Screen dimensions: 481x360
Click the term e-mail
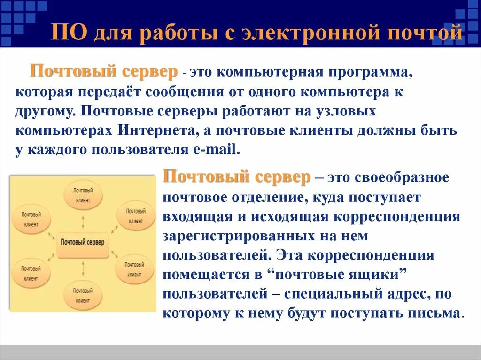pos(217,150)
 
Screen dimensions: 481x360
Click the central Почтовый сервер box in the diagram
pos(83,243)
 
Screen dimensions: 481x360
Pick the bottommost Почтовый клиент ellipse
pos(83,295)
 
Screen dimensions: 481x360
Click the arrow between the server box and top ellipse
pos(83,221)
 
